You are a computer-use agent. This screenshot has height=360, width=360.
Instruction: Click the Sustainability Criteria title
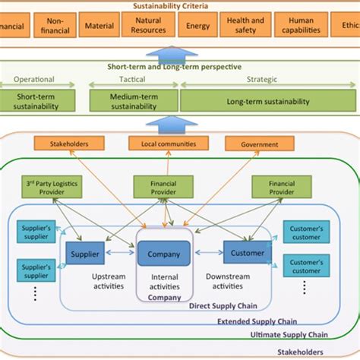180,5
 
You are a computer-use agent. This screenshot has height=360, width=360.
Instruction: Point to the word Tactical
132,79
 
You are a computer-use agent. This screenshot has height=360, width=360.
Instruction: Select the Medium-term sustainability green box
133,101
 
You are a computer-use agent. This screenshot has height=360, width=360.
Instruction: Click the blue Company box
164,254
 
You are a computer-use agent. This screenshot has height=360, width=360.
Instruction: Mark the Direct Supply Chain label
226,305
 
